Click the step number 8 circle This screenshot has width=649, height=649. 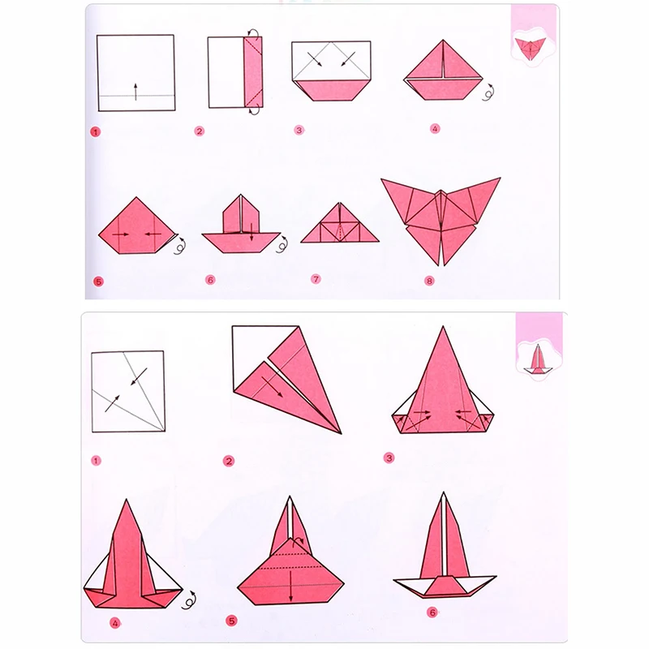(x=429, y=282)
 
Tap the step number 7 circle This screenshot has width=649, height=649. (x=316, y=279)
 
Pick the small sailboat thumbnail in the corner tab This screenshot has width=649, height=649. (x=536, y=358)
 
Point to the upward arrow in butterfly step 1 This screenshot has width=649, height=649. (x=135, y=90)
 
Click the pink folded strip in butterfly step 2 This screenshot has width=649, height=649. (x=251, y=72)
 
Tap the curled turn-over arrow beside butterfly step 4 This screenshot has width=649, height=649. (x=489, y=94)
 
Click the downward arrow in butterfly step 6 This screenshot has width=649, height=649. (x=252, y=235)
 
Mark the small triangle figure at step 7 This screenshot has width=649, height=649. (x=339, y=225)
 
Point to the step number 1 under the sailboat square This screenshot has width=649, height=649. (x=97, y=460)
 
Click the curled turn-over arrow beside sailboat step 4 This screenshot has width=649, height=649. (x=192, y=601)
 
